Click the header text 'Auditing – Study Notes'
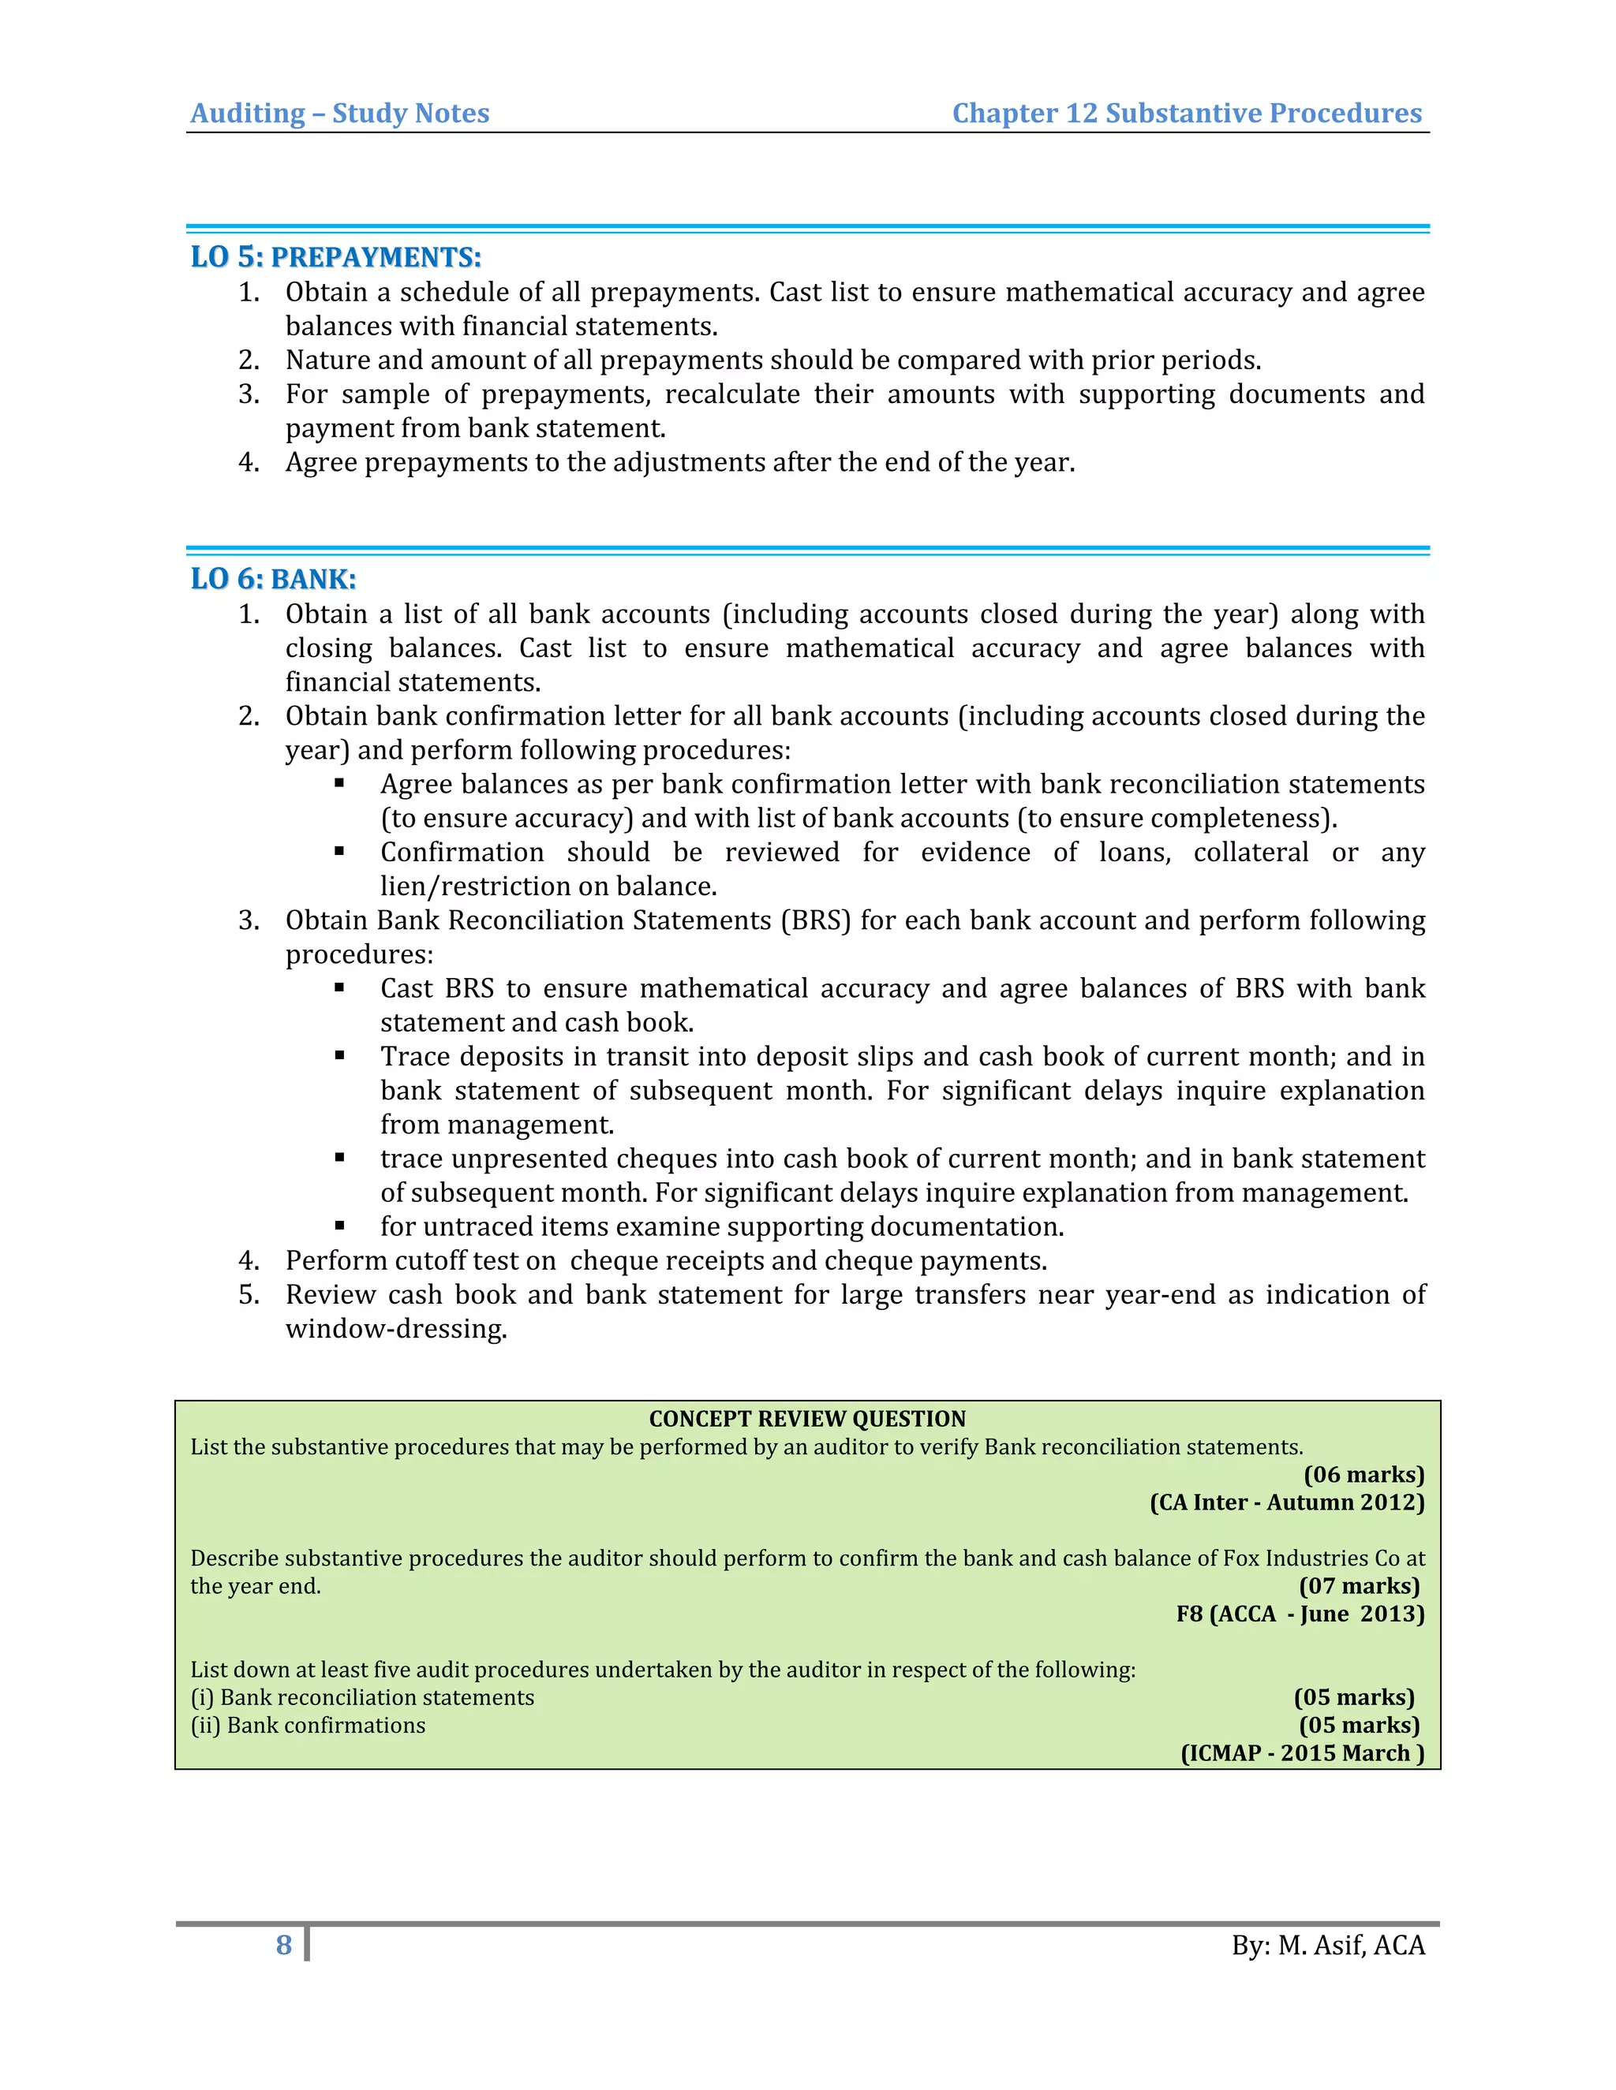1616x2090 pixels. (340, 113)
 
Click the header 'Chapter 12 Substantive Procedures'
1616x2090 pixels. (1186, 113)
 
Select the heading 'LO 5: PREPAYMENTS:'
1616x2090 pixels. (335, 256)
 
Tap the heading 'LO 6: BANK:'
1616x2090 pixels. (273, 578)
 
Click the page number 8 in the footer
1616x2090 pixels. (283, 1945)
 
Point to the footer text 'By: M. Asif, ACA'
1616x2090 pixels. (1328, 1946)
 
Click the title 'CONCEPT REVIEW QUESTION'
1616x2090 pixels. (807, 1418)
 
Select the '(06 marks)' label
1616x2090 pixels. (1363, 1474)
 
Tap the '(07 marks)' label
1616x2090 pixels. (1359, 1586)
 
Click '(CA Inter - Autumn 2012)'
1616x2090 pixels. (1287, 1502)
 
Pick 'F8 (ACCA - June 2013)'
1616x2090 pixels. (1300, 1614)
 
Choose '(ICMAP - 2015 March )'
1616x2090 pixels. (1302, 1752)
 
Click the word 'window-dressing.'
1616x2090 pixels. (396, 1328)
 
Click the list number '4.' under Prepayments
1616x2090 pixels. (249, 462)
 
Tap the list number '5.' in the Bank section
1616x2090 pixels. (249, 1295)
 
